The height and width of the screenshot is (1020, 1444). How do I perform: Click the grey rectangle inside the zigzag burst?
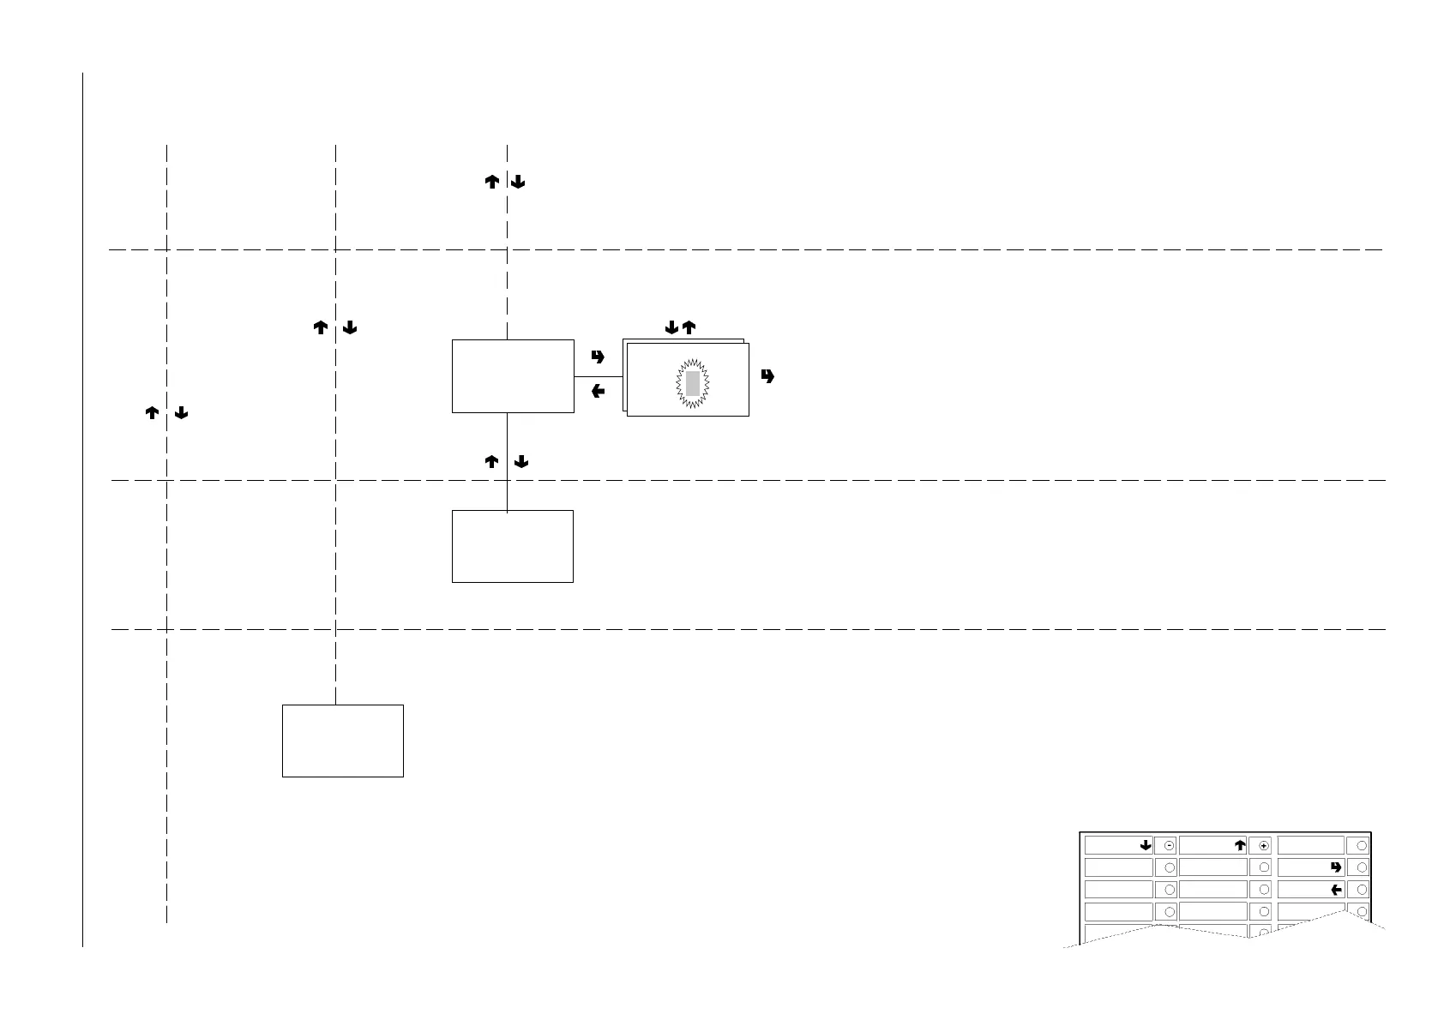tap(693, 383)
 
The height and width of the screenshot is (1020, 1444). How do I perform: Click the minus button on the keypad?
tap(1170, 845)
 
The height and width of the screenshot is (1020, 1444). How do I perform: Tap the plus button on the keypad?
tap(1264, 845)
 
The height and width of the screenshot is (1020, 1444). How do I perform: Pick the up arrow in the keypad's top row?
tap(1240, 845)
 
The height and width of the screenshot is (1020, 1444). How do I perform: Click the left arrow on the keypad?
tap(1336, 890)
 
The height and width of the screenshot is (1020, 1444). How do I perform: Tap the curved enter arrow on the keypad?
tap(1336, 867)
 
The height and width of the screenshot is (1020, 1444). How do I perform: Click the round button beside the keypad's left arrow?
tap(1363, 890)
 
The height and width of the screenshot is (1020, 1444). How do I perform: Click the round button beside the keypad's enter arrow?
tap(1363, 867)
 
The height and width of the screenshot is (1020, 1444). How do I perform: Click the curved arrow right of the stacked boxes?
tap(767, 375)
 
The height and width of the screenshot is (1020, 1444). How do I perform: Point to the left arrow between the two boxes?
tap(599, 392)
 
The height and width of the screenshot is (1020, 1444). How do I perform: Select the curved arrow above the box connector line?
tap(599, 357)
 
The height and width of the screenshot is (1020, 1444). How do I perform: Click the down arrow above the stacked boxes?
tap(671, 327)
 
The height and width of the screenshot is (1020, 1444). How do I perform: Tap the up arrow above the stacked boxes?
tap(688, 327)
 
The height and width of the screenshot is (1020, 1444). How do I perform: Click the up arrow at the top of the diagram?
tap(492, 182)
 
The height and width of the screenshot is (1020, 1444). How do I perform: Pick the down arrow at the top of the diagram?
tap(518, 182)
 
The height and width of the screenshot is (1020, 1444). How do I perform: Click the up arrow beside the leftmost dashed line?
tap(152, 413)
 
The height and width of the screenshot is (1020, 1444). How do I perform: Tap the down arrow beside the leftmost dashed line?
tap(181, 413)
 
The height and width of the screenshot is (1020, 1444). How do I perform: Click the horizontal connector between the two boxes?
tap(598, 376)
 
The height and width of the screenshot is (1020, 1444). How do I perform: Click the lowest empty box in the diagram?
tap(342, 741)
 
